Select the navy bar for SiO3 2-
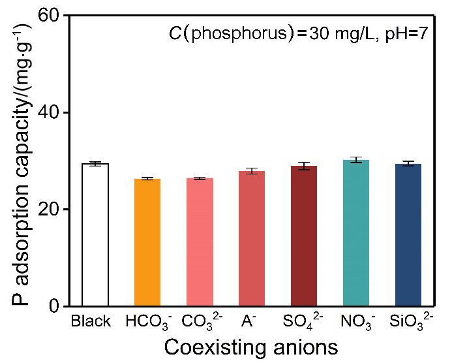408,235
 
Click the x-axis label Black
91,322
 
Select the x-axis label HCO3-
148,323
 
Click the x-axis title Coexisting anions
250,345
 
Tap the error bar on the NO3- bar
356,159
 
